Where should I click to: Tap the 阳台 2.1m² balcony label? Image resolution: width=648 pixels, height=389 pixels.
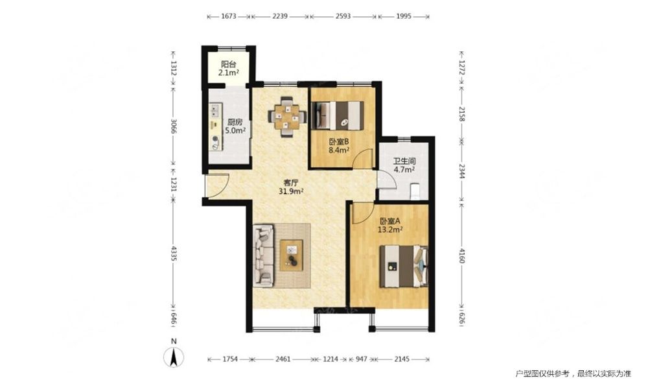pyautogui.click(x=229, y=69)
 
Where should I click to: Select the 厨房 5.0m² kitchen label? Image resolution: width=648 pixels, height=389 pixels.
pyautogui.click(x=235, y=126)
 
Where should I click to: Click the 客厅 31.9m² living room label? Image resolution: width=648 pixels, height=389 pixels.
pyautogui.click(x=292, y=187)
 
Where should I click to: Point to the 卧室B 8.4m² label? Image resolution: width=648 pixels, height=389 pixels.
pyautogui.click(x=340, y=145)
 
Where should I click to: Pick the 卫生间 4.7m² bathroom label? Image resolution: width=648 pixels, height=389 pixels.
pyautogui.click(x=404, y=165)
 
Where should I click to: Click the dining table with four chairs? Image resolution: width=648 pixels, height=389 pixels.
pyautogui.click(x=287, y=117)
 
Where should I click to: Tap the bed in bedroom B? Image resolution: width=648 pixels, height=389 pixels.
pyautogui.click(x=338, y=116)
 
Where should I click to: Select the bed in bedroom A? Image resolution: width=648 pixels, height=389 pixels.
pyautogui.click(x=404, y=266)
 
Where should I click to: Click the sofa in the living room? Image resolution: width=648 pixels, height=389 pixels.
pyautogui.click(x=264, y=255)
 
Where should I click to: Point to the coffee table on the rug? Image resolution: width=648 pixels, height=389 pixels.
pyautogui.click(x=292, y=255)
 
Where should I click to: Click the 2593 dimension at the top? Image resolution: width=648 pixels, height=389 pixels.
pyautogui.click(x=343, y=17)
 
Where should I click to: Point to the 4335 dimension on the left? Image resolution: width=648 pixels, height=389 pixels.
pyautogui.click(x=174, y=253)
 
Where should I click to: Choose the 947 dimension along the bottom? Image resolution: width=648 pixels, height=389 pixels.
pyautogui.click(x=361, y=359)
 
